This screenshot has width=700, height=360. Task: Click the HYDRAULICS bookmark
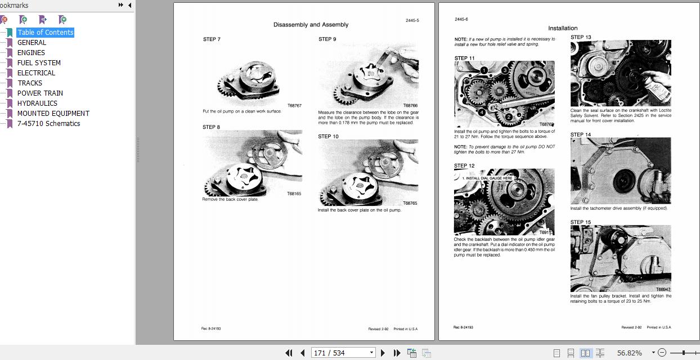pos(37,103)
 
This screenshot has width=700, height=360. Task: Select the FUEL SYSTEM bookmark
pos(39,63)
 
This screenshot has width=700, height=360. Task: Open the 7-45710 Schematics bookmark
pos(48,124)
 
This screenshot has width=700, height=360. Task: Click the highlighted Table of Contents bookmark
pos(45,33)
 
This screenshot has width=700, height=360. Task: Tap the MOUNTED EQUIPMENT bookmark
pos(53,114)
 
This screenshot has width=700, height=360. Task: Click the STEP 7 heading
pos(212,39)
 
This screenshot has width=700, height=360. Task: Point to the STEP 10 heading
pos(328,137)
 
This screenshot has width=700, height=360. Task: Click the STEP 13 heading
pos(581,37)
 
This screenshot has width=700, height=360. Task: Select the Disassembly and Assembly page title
pos(311,25)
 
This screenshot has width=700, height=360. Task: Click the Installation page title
pos(563,28)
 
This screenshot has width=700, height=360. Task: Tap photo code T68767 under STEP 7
pos(294,106)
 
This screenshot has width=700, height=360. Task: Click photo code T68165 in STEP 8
pos(294,193)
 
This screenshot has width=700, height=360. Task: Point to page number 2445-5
pos(412,21)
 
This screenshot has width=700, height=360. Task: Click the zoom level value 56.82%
pos(629,353)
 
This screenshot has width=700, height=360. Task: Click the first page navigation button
pos(289,353)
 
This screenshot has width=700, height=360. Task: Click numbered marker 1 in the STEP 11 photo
pos(484,71)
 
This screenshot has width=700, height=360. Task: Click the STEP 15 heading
pos(581,222)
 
